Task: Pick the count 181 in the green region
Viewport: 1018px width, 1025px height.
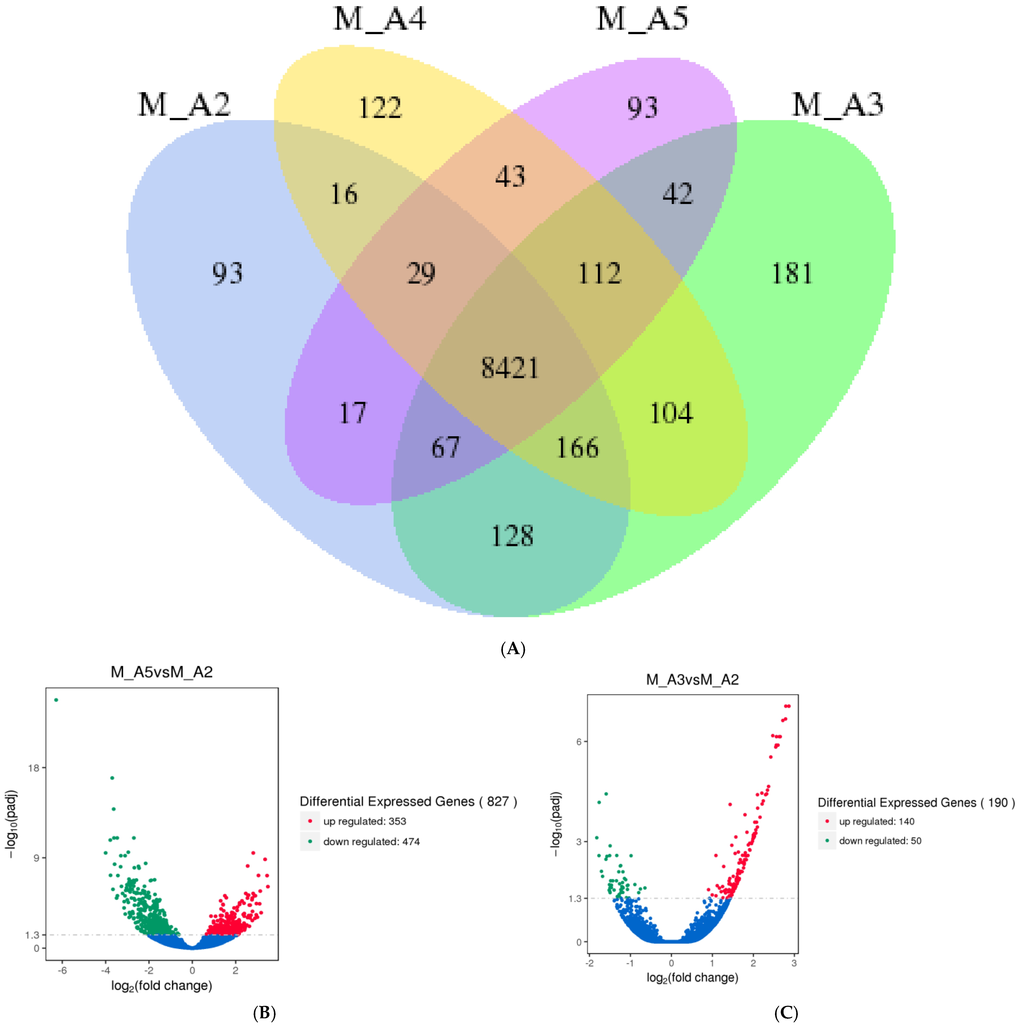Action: click(792, 274)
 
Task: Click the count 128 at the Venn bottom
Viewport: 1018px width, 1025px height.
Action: click(512, 536)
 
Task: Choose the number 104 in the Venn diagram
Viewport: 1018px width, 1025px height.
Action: click(671, 413)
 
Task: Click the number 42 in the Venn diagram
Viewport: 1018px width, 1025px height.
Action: click(678, 194)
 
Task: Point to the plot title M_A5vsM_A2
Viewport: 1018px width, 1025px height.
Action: click(162, 672)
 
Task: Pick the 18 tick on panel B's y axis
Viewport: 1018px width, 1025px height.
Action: click(34, 768)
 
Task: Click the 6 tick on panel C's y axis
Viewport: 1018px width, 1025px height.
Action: click(579, 742)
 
